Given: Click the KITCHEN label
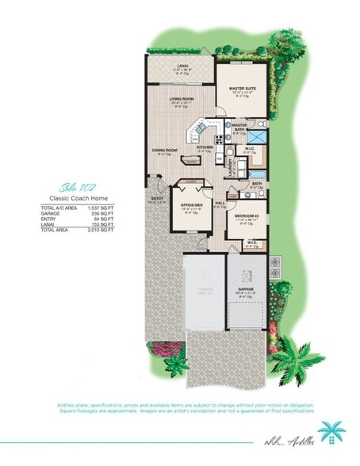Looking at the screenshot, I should pyautogui.click(x=205, y=147).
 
